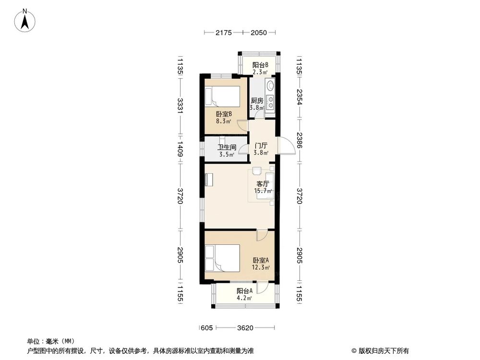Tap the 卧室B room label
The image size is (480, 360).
click(224, 114)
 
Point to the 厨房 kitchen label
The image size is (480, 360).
click(257, 101)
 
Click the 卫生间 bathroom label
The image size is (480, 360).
click(227, 147)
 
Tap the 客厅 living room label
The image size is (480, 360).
click(263, 184)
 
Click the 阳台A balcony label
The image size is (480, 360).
click(244, 291)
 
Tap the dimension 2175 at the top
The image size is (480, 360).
click(224, 33)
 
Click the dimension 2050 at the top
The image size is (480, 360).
click(259, 33)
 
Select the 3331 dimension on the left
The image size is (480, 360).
click(180, 106)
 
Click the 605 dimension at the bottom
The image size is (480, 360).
click(206, 328)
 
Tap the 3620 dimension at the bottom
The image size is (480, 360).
click(245, 328)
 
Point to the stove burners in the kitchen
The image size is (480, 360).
click(270, 102)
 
